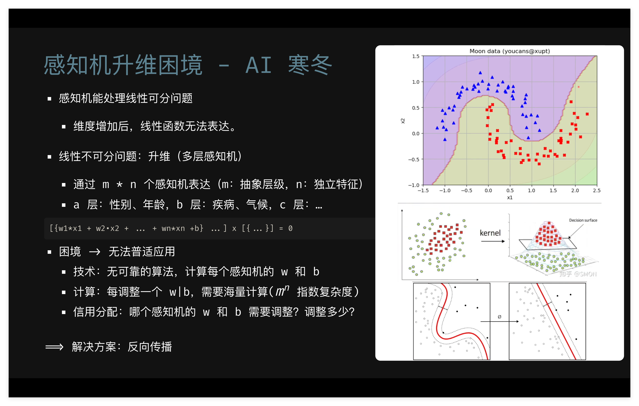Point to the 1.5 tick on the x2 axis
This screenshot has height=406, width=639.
[416, 56]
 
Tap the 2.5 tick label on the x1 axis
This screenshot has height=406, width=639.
[597, 190]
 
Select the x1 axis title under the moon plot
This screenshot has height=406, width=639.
[509, 198]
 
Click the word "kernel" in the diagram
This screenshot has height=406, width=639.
[490, 233]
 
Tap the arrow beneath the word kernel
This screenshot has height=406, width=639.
[493, 241]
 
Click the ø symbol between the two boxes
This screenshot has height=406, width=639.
[499, 317]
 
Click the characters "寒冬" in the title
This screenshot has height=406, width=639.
[310, 65]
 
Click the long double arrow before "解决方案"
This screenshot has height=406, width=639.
[54, 347]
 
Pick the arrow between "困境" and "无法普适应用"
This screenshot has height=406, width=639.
[95, 251]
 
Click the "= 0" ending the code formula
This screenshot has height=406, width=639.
[286, 228]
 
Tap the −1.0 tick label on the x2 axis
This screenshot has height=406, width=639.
[414, 185]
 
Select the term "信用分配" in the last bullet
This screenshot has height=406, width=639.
[96, 312]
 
